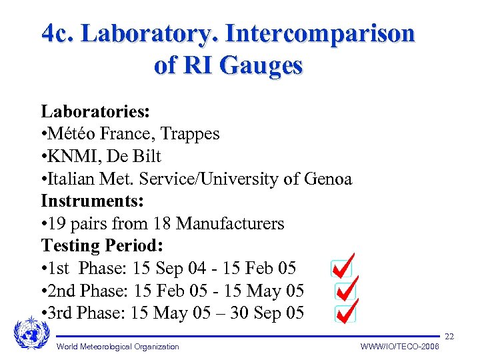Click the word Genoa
click(327, 179)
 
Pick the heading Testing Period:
click(102, 245)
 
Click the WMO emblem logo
click(31, 333)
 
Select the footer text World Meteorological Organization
click(118, 346)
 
